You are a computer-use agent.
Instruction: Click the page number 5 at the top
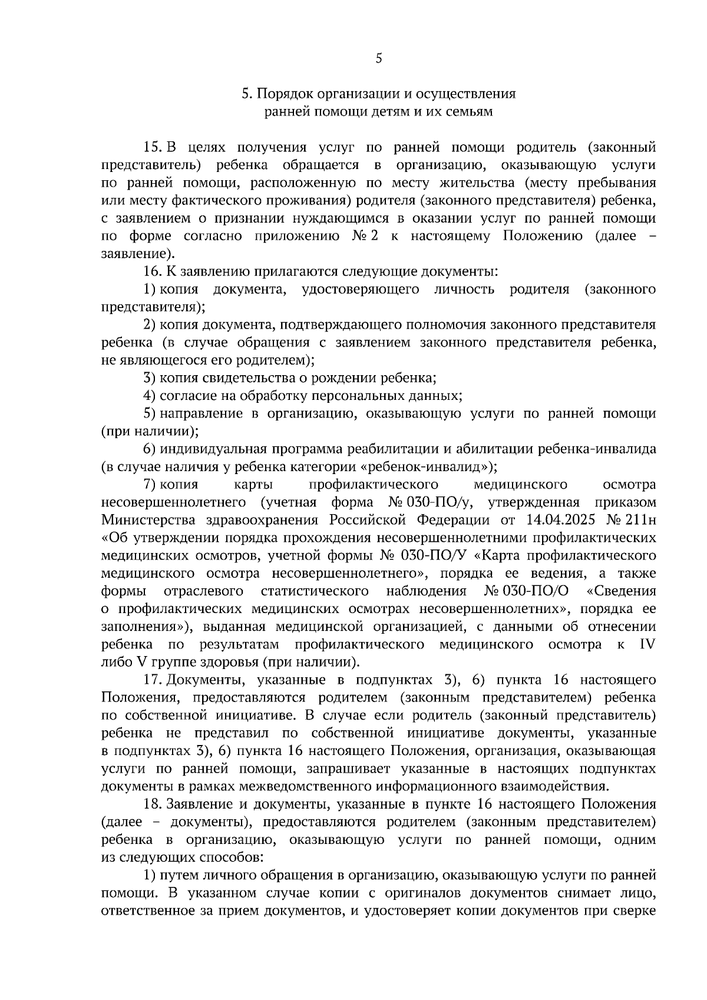click(378, 58)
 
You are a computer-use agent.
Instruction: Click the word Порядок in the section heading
click(285, 94)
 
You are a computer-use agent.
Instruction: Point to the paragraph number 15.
click(153, 147)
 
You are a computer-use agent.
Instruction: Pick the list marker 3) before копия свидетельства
click(149, 378)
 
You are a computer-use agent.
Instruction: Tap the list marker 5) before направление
click(149, 413)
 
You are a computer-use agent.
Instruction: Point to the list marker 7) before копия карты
click(149, 485)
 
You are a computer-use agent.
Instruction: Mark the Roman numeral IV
click(647, 644)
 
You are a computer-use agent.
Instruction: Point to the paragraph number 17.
click(153, 680)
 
